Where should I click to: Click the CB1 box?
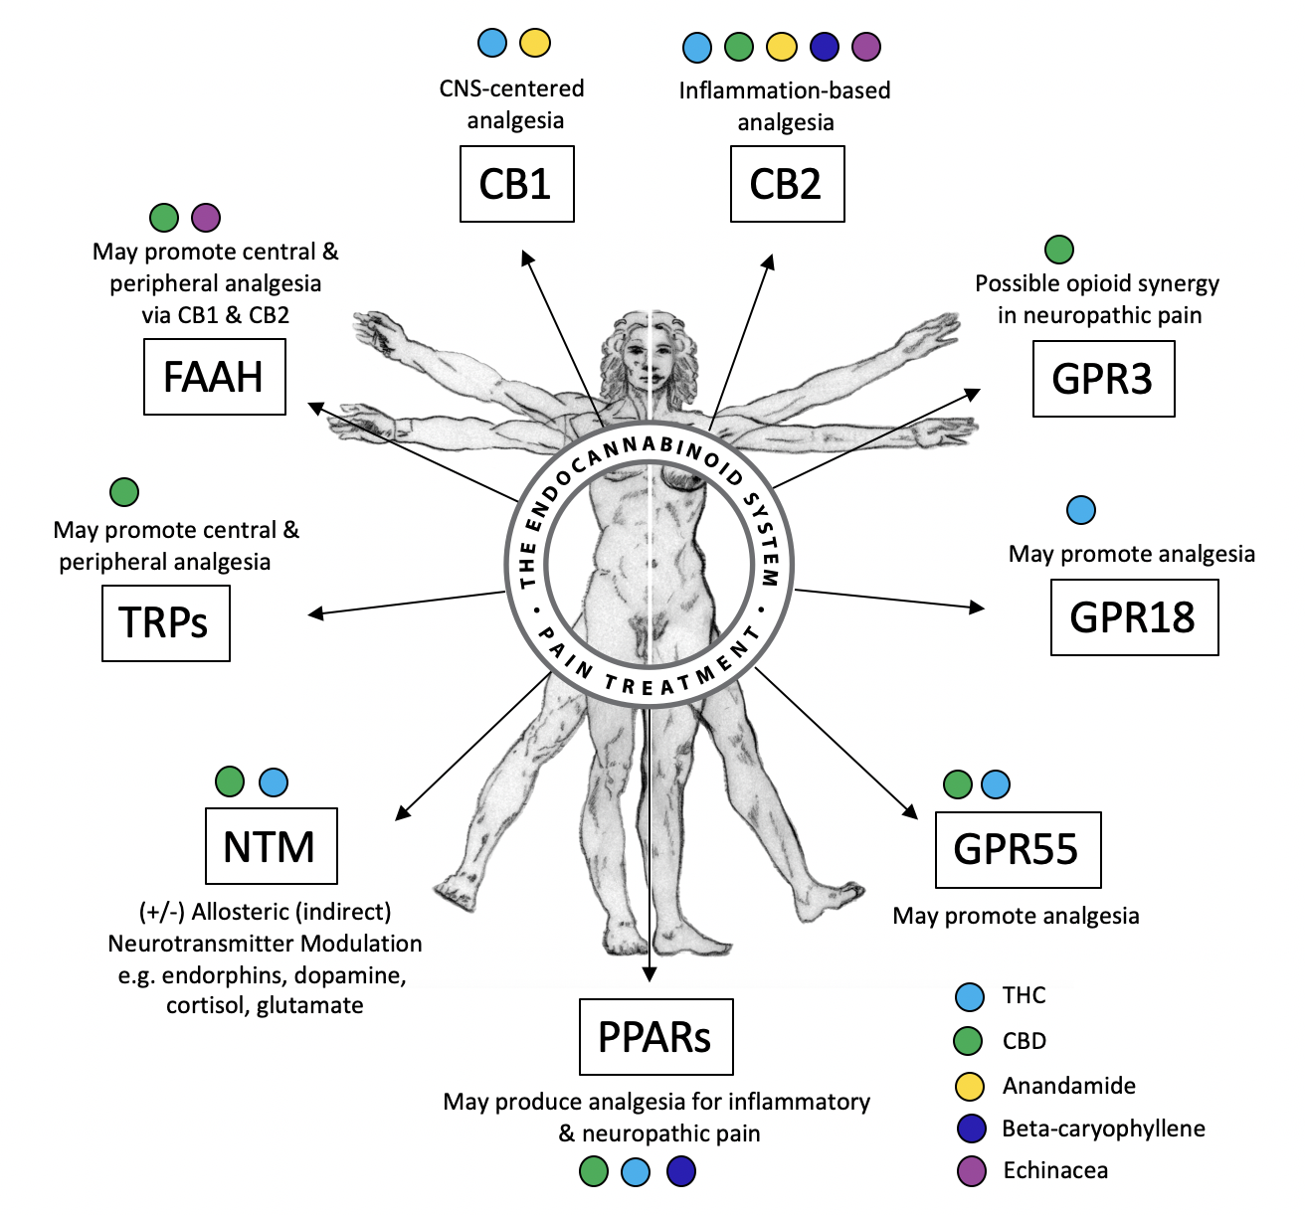(x=516, y=184)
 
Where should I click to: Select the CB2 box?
(x=787, y=184)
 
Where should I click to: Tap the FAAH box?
(x=214, y=377)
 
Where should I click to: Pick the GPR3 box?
(x=1103, y=379)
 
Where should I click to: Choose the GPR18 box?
(x=1134, y=617)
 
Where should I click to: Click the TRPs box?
(x=165, y=623)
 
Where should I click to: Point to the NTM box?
(x=271, y=846)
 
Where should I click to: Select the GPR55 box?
(x=1018, y=850)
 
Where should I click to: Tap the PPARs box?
(x=655, y=1037)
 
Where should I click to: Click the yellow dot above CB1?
(x=535, y=43)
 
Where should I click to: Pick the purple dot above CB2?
(x=866, y=46)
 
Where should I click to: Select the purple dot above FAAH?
(x=206, y=217)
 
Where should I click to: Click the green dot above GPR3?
(x=1059, y=250)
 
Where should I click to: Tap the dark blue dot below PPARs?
(x=681, y=1171)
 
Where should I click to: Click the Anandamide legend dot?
(x=969, y=1087)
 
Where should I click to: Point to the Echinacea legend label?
(x=1054, y=1171)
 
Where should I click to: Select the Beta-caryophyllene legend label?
(x=1103, y=1128)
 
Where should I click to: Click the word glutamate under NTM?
(x=310, y=1006)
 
